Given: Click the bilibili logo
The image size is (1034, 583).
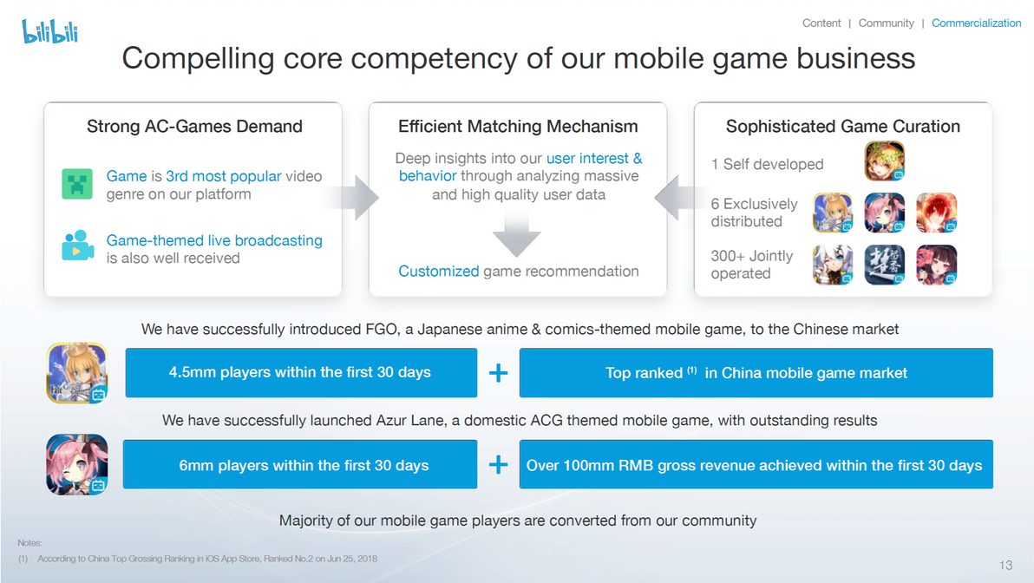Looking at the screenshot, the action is pyautogui.click(x=50, y=31).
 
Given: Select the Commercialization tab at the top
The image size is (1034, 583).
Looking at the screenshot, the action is pyautogui.click(x=976, y=23).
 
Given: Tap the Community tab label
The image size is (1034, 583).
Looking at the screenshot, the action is pyautogui.click(x=886, y=23).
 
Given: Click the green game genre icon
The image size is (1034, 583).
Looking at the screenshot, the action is pyautogui.click(x=77, y=183).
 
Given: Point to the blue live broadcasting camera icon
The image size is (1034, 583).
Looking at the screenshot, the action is pyautogui.click(x=77, y=246).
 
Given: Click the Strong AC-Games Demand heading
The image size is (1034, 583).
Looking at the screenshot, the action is pyautogui.click(x=194, y=126).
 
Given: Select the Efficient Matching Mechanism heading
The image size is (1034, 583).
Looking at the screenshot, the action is pyautogui.click(x=518, y=126).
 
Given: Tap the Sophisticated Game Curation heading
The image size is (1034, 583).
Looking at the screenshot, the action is pyautogui.click(x=843, y=126).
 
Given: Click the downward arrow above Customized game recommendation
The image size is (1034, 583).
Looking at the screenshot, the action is pyautogui.click(x=516, y=235).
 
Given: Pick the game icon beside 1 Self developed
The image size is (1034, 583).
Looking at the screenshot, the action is pyautogui.click(x=884, y=160).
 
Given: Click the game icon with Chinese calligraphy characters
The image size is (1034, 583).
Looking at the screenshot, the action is pyautogui.click(x=884, y=265).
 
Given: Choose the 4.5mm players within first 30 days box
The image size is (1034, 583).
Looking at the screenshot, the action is pyautogui.click(x=301, y=373).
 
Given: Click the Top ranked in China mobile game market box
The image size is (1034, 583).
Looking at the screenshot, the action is pyautogui.click(x=756, y=373).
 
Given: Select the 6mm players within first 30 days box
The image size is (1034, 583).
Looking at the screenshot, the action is pyautogui.click(x=300, y=464).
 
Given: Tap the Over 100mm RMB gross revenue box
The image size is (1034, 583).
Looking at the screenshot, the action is pyautogui.click(x=756, y=464).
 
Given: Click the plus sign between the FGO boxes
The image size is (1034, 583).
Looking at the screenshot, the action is pyautogui.click(x=499, y=373).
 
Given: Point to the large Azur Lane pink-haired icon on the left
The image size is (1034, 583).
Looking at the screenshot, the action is pyautogui.click(x=77, y=464).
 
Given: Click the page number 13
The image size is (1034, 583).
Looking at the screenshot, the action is pyautogui.click(x=1005, y=565).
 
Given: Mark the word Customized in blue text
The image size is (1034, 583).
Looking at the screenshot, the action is pyautogui.click(x=439, y=271).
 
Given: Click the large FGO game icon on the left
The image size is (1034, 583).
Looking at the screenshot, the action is pyautogui.click(x=77, y=373).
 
